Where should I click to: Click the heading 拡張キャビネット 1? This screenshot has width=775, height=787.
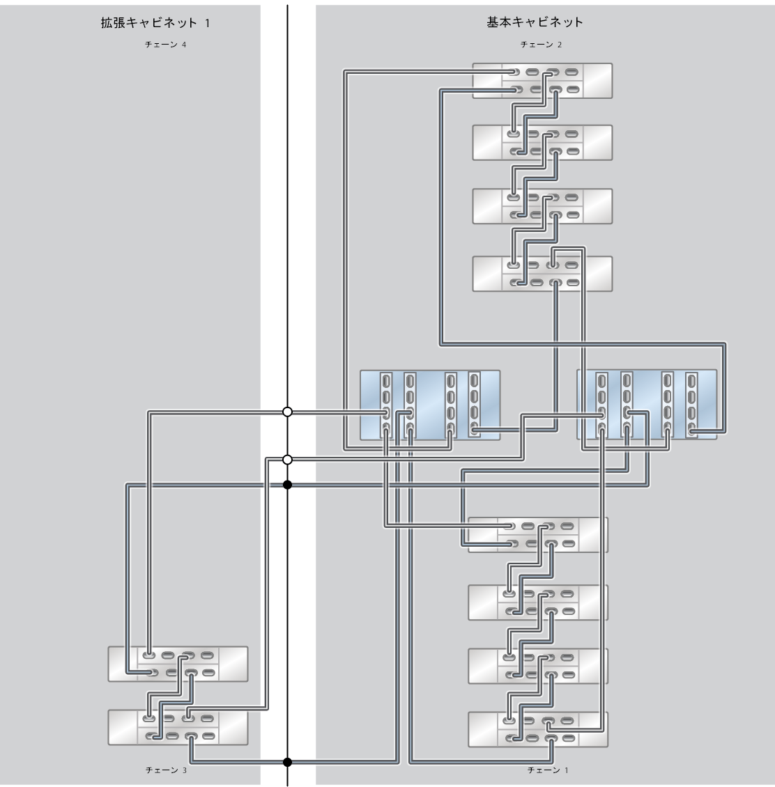click(x=155, y=23)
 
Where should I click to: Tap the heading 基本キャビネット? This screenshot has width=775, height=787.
click(x=535, y=22)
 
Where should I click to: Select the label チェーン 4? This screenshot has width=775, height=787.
click(x=165, y=45)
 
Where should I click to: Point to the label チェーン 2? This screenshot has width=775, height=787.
click(x=541, y=45)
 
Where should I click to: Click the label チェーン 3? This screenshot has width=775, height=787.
click(x=165, y=770)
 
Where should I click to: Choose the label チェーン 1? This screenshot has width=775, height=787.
click(x=548, y=770)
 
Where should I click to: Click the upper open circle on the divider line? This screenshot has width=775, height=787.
click(x=287, y=412)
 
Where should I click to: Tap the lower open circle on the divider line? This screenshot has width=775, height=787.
click(x=287, y=460)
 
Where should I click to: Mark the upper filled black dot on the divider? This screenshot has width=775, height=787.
click(x=287, y=485)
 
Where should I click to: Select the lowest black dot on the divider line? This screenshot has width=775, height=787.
click(x=287, y=762)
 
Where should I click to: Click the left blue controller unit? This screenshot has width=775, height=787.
click(x=430, y=405)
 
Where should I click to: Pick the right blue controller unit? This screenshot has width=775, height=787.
click(x=647, y=405)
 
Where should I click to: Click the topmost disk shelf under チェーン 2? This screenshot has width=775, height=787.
click(x=542, y=81)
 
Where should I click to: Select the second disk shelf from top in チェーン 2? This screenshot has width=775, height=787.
click(x=542, y=143)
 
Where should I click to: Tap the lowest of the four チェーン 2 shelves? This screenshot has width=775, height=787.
click(x=542, y=274)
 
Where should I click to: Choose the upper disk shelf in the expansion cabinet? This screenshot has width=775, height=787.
click(x=178, y=664)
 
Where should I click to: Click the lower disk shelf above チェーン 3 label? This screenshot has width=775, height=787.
click(x=178, y=727)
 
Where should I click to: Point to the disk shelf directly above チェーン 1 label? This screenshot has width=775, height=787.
click(x=538, y=729)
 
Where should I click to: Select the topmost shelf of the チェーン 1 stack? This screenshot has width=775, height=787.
click(x=538, y=535)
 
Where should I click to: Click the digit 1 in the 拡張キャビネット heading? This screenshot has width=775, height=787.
click(x=207, y=23)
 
